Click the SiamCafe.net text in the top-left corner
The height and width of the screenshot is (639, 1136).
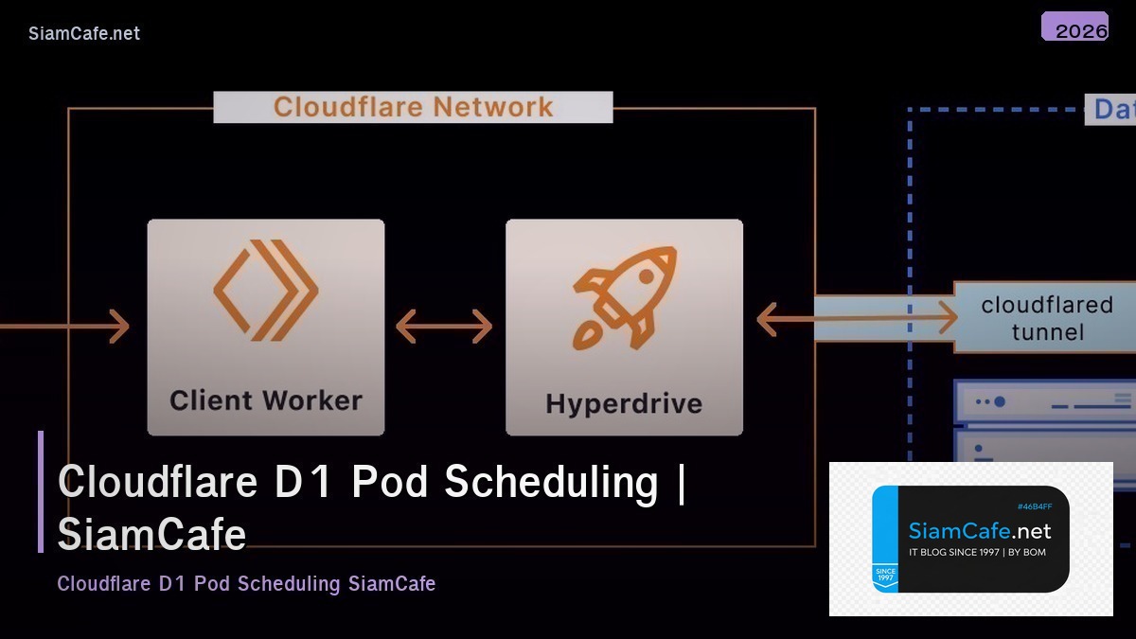coord(84,33)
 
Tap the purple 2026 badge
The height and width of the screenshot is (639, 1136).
coord(1074,27)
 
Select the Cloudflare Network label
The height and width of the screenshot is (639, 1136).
coord(413,107)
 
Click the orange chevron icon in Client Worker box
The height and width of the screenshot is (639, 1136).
coord(265,290)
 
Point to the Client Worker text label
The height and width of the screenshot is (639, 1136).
coord(266,400)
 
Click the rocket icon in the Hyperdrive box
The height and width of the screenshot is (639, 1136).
coord(625,296)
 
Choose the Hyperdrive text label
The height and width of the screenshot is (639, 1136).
coord(624,403)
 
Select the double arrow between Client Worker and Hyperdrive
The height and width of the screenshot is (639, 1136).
coord(444,327)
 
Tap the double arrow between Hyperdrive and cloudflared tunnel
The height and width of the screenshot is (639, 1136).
coord(857,319)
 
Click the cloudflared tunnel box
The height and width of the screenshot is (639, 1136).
coord(1046,318)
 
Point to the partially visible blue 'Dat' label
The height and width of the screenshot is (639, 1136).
coord(1113,109)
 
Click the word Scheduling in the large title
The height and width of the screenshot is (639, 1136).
coord(551,482)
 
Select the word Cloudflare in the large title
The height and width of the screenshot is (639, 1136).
coord(158,482)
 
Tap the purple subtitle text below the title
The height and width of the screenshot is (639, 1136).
coord(246,583)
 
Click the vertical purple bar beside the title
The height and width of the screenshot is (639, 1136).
coord(41,491)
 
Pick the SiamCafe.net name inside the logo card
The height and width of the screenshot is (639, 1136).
coord(979,531)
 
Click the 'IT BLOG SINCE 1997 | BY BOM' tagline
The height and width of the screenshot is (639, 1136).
coord(977,552)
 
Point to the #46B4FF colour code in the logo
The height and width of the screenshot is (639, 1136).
coord(1034,506)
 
